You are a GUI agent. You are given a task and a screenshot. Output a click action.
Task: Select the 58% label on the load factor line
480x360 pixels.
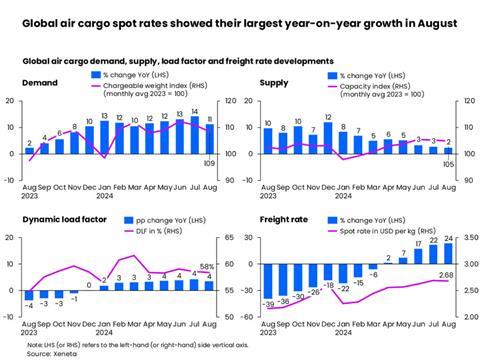(208, 267)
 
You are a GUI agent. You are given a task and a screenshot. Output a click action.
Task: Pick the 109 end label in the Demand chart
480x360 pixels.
(209, 162)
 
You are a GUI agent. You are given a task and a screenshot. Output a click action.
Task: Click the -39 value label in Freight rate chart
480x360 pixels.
(268, 302)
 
